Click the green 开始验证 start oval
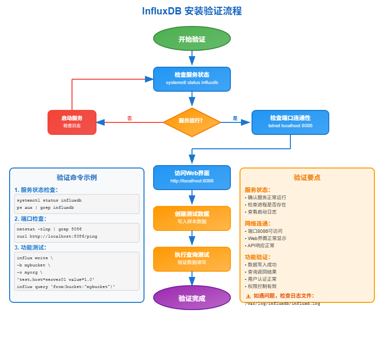pyautogui.click(x=192, y=39)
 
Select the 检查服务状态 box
pyautogui.click(x=192, y=79)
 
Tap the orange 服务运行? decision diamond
pyautogui.click(x=192, y=121)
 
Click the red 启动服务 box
pyautogui.click(x=72, y=122)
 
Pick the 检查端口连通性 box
pyautogui.click(x=290, y=122)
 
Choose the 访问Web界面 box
pyautogui.click(x=192, y=177)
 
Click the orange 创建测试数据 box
pyautogui.click(x=192, y=218)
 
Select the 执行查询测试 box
pyautogui.click(x=192, y=259)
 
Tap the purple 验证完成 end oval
pyautogui.click(x=192, y=298)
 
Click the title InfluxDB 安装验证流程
pyautogui.click(x=192, y=11)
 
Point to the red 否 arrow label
pyautogui.click(x=130, y=118)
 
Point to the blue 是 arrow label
pyautogui.click(x=235, y=118)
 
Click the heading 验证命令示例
pyautogui.click(x=77, y=178)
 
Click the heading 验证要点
pyautogui.click(x=307, y=178)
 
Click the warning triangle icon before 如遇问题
pyautogui.click(x=248, y=296)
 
